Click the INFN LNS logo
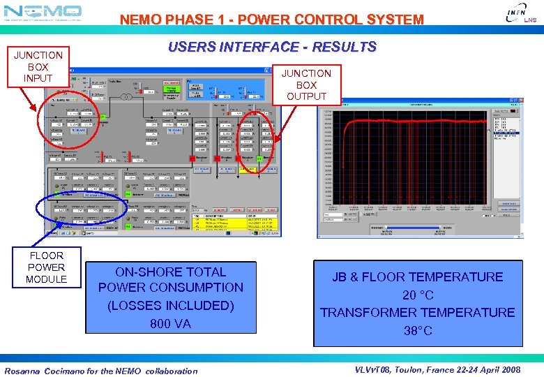click(520, 13)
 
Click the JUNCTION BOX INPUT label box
click(38, 66)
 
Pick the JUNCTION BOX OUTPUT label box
click(306, 84)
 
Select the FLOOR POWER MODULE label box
click(47, 267)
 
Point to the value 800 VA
click(170, 323)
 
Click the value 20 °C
click(418, 295)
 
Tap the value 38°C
click(418, 330)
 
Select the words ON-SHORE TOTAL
click(171, 272)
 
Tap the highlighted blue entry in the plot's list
click(506, 133)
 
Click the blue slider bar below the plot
click(412, 227)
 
